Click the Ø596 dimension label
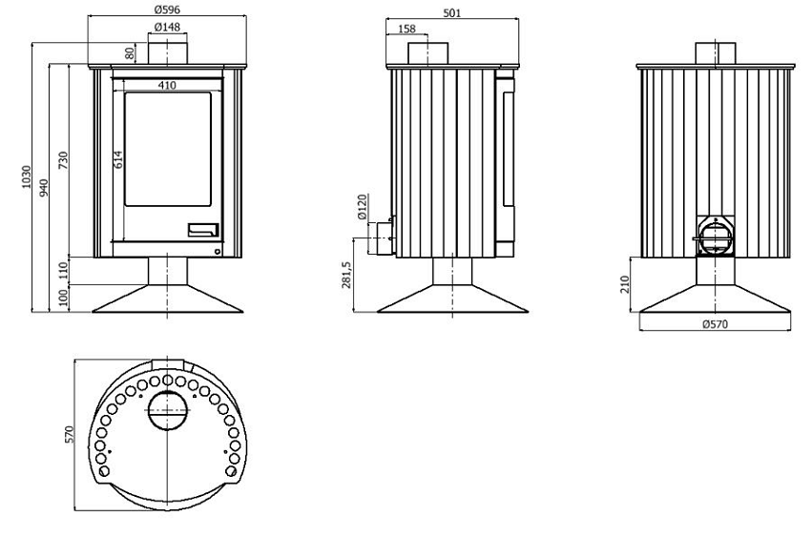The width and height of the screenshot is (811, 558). (x=167, y=10)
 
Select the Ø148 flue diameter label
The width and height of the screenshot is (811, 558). (x=167, y=27)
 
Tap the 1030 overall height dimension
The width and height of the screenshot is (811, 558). (x=27, y=176)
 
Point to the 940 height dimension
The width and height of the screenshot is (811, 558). (x=44, y=187)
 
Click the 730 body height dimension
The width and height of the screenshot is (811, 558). (x=63, y=161)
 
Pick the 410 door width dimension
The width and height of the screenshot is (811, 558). (x=167, y=85)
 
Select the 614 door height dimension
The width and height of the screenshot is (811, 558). (x=118, y=159)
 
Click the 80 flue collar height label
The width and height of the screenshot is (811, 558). (x=130, y=52)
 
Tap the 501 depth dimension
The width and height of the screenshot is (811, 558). (x=452, y=13)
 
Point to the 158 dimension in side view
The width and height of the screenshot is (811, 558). (x=407, y=29)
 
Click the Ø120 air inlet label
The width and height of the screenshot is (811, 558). (x=362, y=206)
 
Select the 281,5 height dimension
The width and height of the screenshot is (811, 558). (x=346, y=275)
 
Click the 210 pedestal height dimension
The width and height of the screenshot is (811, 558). (x=624, y=284)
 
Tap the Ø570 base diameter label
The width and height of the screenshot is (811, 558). (x=716, y=324)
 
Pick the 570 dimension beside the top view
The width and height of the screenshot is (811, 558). (x=70, y=434)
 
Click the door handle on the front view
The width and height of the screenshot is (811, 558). (x=203, y=230)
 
